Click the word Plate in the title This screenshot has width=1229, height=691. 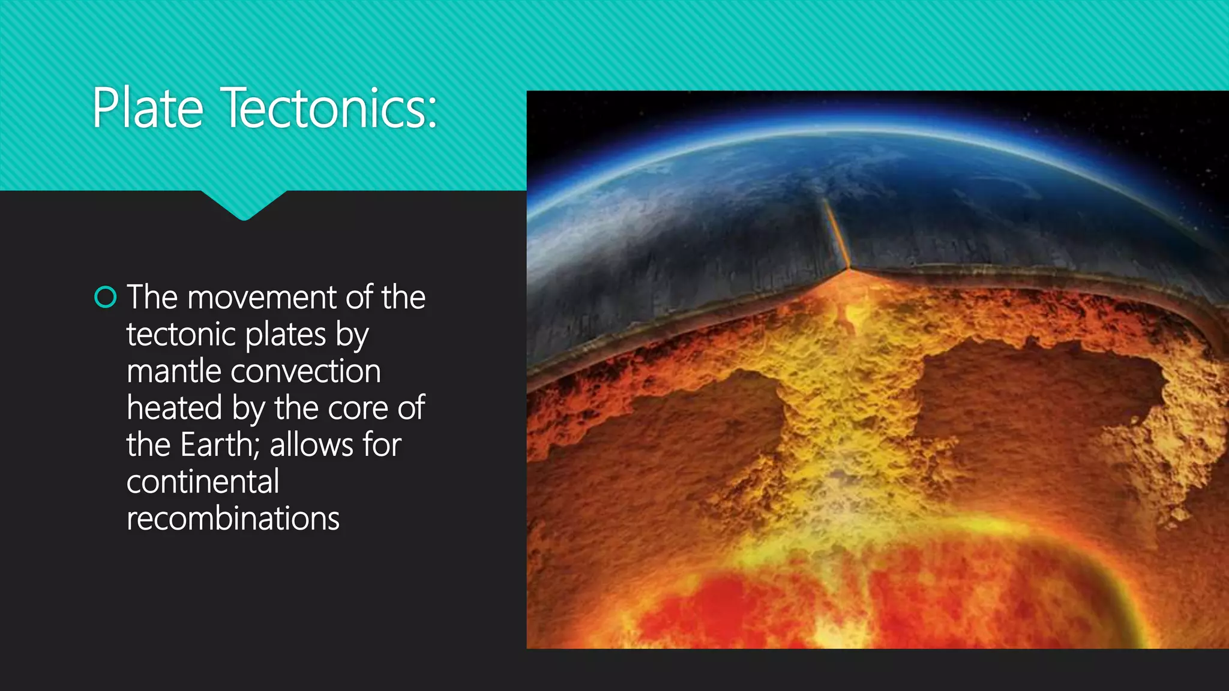[148, 108]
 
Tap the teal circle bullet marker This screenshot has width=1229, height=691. [106, 298]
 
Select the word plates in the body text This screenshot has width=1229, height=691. [285, 335]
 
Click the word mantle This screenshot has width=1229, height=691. [174, 371]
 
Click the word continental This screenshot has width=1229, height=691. [203, 482]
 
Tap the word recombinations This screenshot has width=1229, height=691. [233, 519]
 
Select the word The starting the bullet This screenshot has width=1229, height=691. [152, 298]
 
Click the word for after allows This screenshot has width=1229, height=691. [382, 445]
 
